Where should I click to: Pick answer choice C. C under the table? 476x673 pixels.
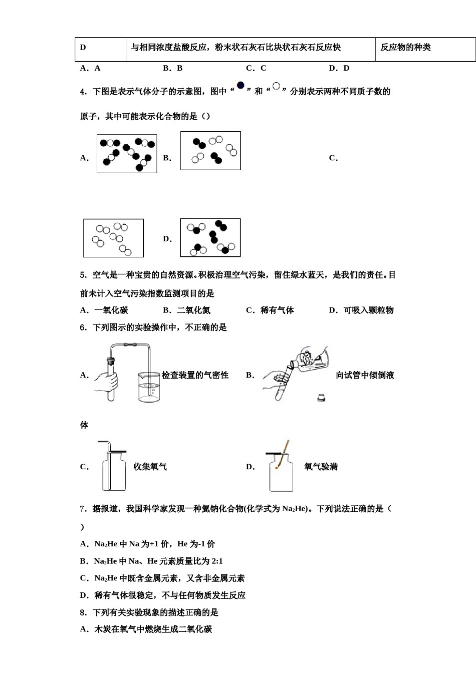pyautogui.click(x=256, y=68)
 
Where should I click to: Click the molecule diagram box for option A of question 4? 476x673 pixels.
pyautogui.click(x=127, y=154)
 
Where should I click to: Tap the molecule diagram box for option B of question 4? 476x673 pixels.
pyautogui.click(x=210, y=151)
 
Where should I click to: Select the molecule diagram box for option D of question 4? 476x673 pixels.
pyautogui.click(x=210, y=237)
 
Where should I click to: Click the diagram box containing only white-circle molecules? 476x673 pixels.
pyautogui.click(x=113, y=238)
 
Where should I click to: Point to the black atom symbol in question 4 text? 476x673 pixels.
pyautogui.click(x=241, y=86)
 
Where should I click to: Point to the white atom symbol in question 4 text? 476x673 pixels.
pyautogui.click(x=276, y=86)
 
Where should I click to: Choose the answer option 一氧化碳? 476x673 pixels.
pyautogui.click(x=104, y=310)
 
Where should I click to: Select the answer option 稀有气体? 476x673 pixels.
pyautogui.click(x=270, y=310)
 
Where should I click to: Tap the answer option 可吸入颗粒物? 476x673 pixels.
pyautogui.click(x=361, y=310)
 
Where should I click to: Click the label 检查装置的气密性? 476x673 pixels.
pyautogui.click(x=195, y=375)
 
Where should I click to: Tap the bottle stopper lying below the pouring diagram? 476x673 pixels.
pyautogui.click(x=321, y=398)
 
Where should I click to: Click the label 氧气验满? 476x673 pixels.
pyautogui.click(x=321, y=467)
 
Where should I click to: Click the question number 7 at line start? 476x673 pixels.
pyautogui.click(x=83, y=509)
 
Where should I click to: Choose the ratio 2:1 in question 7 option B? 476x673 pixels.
pyautogui.click(x=216, y=561)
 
